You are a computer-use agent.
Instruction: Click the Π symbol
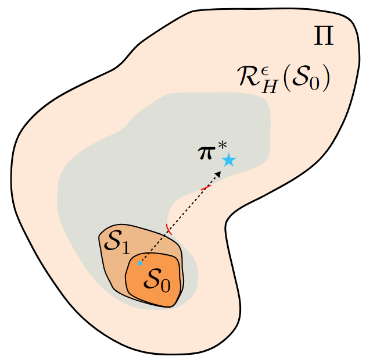pyautogui.click(x=323, y=37)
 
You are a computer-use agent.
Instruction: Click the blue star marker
pyautogui.click(x=229, y=160)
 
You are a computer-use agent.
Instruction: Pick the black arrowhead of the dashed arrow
pyautogui.click(x=219, y=174)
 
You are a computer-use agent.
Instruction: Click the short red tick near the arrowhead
pyautogui.click(x=205, y=188)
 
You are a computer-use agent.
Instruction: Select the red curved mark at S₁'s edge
pyautogui.click(x=168, y=229)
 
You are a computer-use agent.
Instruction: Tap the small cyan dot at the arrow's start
pyautogui.click(x=140, y=263)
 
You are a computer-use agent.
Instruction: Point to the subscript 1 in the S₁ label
pyautogui.click(x=124, y=248)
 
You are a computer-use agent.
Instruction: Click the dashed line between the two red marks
pyautogui.click(x=187, y=208)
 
